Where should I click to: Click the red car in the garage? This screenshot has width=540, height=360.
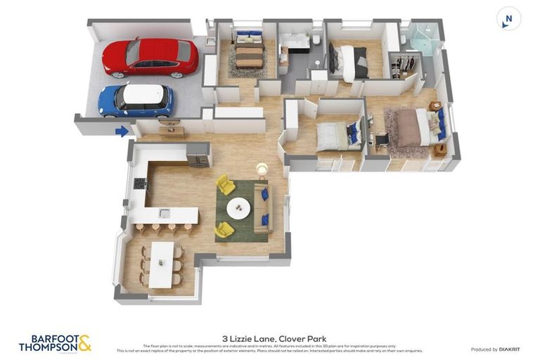[150, 57]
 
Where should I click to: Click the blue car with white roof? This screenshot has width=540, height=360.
[136, 100]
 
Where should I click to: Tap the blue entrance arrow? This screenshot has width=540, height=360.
[122, 131]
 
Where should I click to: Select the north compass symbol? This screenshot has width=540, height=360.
[508, 18]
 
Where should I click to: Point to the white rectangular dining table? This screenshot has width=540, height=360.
[161, 263]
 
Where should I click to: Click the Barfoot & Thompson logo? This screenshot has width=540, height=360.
[55, 343]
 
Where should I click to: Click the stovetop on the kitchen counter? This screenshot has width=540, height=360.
[139, 184]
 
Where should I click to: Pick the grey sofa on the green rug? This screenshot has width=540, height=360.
[262, 208]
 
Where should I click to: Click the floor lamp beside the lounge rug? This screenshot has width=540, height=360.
[262, 169]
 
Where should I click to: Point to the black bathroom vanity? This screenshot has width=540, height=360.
[296, 43]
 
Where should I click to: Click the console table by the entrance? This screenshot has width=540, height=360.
[171, 131]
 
